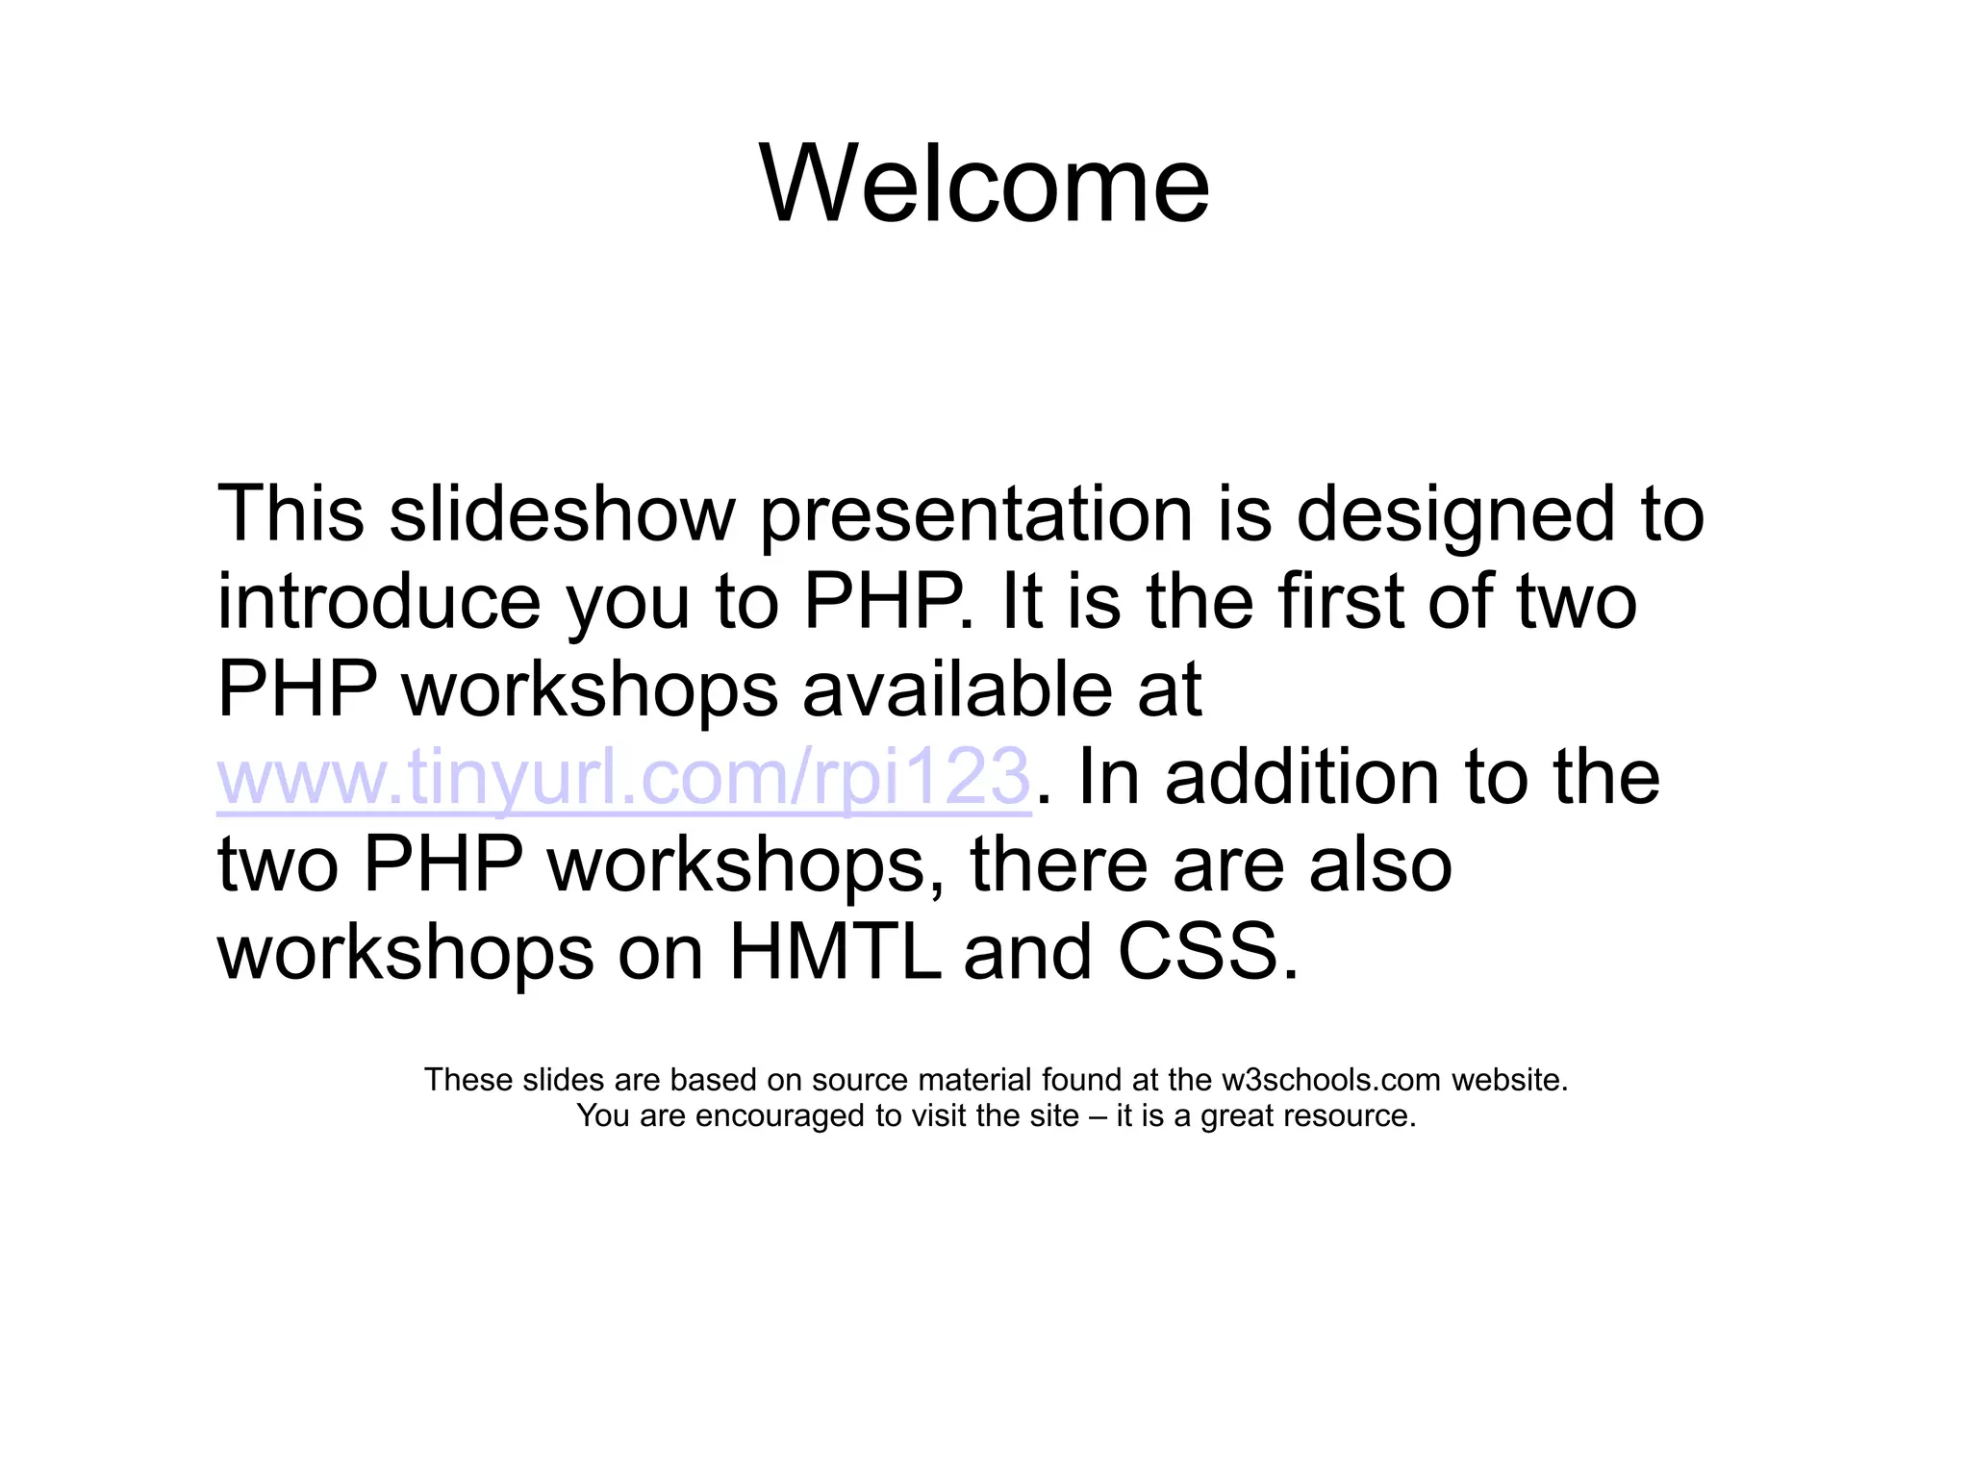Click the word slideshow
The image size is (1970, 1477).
pyautogui.click(x=562, y=514)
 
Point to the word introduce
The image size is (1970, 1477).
pyautogui.click(x=379, y=602)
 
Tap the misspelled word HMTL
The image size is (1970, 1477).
pyautogui.click(x=834, y=952)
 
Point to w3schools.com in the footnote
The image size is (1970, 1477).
pyautogui.click(x=1331, y=1080)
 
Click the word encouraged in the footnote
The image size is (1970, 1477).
pyautogui.click(x=775, y=1116)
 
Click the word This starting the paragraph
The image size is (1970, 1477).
pyautogui.click(x=290, y=514)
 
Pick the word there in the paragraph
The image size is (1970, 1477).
pyautogui.click(x=1059, y=864)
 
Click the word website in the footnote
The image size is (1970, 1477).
pyautogui.click(x=1508, y=1080)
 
